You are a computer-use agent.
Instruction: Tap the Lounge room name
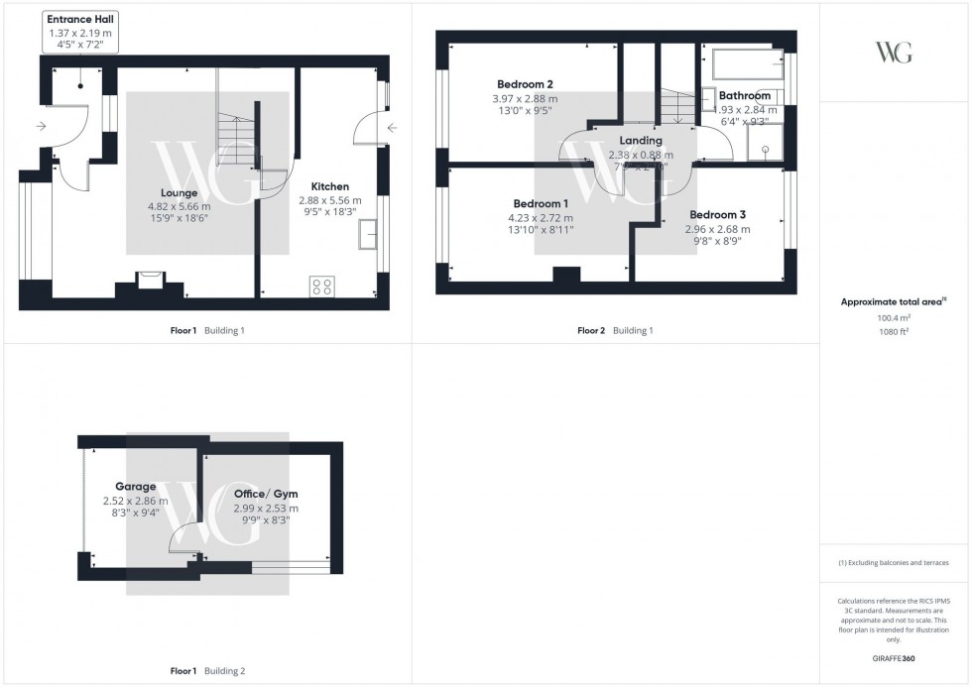(181, 192)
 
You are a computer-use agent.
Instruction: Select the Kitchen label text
(330, 186)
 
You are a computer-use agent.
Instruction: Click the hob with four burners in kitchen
(321, 286)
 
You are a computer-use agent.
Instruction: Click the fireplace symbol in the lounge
(151, 279)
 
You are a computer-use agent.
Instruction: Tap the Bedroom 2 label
(525, 84)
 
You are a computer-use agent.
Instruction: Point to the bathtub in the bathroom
(747, 65)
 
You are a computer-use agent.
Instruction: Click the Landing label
(641, 141)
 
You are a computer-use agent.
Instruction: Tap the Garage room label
(136, 487)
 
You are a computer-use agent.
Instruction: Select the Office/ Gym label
(265, 494)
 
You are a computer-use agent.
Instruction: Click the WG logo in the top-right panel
(895, 53)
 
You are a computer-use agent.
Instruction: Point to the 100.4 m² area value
(894, 317)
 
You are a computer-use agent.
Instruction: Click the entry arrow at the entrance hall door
(41, 127)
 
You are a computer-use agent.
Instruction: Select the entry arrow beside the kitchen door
(391, 128)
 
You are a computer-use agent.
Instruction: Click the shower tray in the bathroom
(765, 143)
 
